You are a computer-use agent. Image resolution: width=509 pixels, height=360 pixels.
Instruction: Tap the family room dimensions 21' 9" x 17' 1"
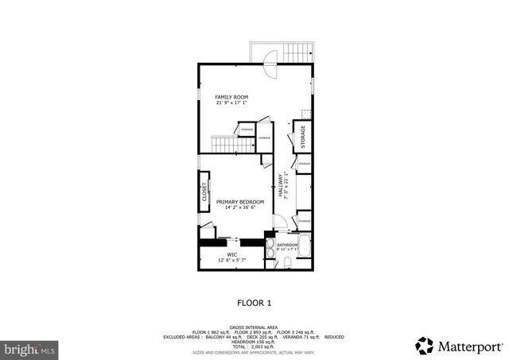[231, 103]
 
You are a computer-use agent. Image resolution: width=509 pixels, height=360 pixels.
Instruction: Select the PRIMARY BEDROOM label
[240, 202]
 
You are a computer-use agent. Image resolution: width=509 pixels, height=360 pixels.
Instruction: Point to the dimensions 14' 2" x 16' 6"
[240, 208]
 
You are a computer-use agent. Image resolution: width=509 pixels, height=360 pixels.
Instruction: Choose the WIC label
[232, 254]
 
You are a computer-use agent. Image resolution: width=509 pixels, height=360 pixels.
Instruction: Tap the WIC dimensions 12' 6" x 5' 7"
[232, 261]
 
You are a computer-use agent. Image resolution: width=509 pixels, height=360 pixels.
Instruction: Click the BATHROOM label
[287, 245]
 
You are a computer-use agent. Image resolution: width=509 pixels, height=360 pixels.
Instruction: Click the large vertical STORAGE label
[302, 135]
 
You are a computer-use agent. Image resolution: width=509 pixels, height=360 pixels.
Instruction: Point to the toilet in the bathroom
[287, 263]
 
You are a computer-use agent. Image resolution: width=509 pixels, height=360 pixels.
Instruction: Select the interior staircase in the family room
[223, 145]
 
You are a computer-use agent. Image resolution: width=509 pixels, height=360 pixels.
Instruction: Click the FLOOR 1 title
[254, 303]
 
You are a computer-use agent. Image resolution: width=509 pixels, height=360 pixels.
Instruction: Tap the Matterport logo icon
[425, 346]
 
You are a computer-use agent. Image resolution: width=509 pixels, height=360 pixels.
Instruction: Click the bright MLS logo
[29, 348]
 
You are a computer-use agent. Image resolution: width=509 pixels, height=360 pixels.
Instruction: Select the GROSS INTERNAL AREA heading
[254, 327]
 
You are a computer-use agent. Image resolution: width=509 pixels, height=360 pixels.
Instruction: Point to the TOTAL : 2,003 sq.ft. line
[254, 346]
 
